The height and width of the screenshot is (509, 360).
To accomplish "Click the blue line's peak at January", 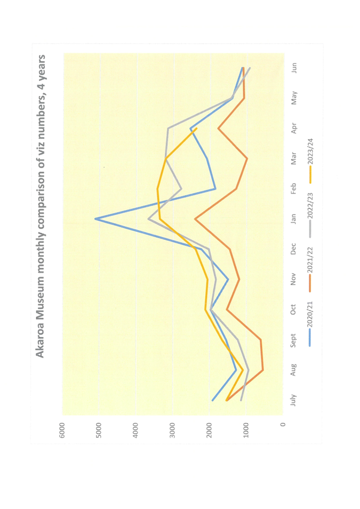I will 95,219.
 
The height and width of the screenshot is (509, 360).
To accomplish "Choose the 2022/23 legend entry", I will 309,208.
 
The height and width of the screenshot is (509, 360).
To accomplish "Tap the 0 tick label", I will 283,425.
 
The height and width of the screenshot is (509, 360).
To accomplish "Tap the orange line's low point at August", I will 263,370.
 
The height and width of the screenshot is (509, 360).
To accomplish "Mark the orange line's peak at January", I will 195,219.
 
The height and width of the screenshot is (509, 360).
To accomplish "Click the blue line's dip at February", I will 215,189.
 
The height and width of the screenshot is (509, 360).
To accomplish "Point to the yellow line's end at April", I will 196,128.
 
